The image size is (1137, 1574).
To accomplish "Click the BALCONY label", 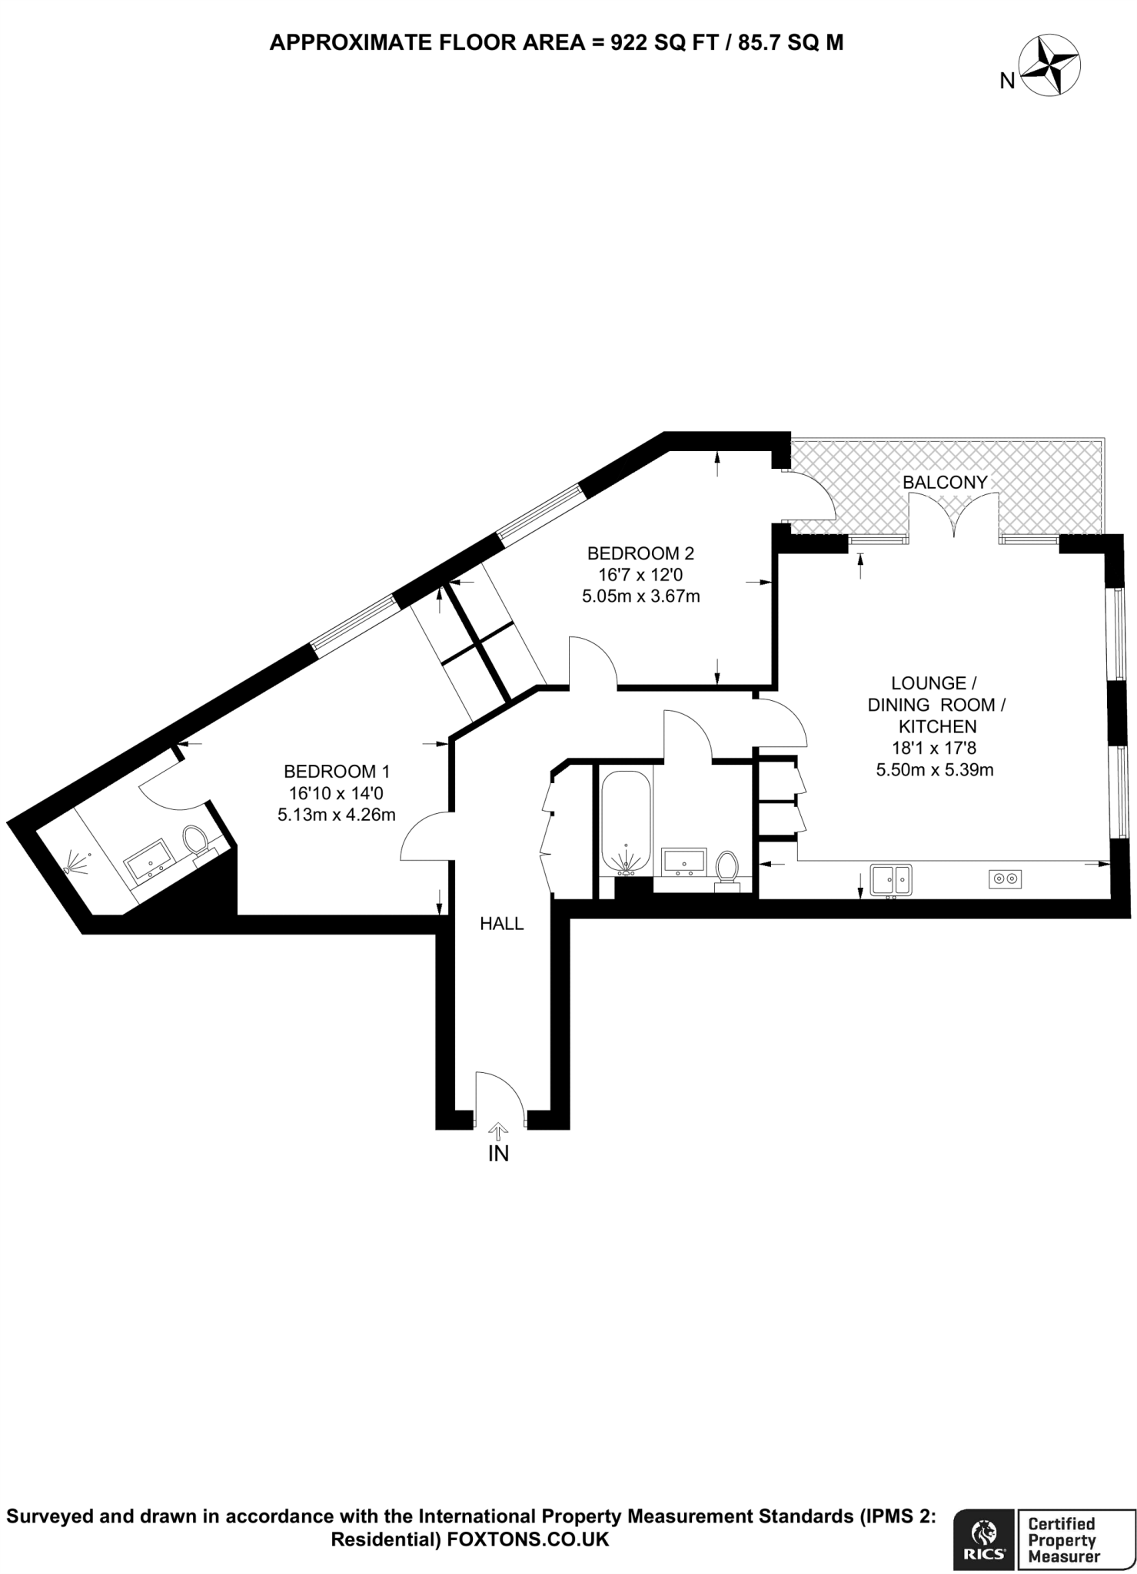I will coord(944,482).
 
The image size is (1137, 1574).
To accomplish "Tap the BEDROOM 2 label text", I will coord(640,553).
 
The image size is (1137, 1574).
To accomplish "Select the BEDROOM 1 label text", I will coord(337,771).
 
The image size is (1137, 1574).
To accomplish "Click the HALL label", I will coord(501,924).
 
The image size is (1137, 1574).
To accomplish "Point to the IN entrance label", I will coord(499,1153).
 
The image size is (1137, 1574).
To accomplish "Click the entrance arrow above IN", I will coord(498,1130).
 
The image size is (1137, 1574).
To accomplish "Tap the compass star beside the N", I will coord(1050,67).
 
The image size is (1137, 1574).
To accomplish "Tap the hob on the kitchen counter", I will coord(1005,878).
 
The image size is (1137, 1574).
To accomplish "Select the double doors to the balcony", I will coord(955,516).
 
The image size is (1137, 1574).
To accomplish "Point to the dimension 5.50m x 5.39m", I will coord(935,769).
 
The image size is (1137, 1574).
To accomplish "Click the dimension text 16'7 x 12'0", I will coord(640,574).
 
